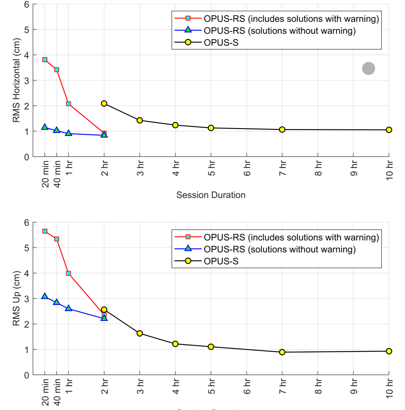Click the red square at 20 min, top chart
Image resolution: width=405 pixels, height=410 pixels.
tap(45, 60)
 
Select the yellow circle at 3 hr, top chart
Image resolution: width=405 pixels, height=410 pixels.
tap(140, 120)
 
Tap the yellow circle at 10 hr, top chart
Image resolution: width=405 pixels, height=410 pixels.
tap(389, 130)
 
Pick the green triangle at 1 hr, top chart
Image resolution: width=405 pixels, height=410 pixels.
tap(69, 133)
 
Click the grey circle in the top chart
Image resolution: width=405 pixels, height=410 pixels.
tap(369, 68)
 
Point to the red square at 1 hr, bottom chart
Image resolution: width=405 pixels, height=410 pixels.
tap(69, 273)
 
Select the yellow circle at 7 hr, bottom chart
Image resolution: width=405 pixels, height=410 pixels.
tap(282, 352)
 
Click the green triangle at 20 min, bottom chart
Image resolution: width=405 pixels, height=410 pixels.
tap(45, 296)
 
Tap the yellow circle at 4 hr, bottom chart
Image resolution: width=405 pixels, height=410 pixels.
tap(175, 344)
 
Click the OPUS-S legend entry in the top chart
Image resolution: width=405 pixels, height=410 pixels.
tap(221, 43)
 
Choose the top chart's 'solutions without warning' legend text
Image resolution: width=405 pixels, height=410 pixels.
tap(280, 31)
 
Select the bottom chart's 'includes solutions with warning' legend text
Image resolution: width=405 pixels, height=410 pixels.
tap(291, 237)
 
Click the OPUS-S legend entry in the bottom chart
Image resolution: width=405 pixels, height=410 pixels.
tap(221, 261)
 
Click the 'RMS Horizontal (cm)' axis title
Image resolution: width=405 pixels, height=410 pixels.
tap(16, 80)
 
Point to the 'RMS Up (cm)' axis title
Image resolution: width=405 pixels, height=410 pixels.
tap(16, 298)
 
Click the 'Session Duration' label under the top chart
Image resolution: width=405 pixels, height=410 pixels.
tap(211, 195)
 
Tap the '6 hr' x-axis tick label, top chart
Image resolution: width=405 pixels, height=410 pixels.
tap(247, 168)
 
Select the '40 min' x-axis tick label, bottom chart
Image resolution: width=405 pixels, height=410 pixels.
tap(57, 392)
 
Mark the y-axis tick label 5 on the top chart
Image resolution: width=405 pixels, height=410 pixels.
tap(26, 30)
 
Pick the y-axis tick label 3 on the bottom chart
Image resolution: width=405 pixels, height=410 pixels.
tap(26, 299)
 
